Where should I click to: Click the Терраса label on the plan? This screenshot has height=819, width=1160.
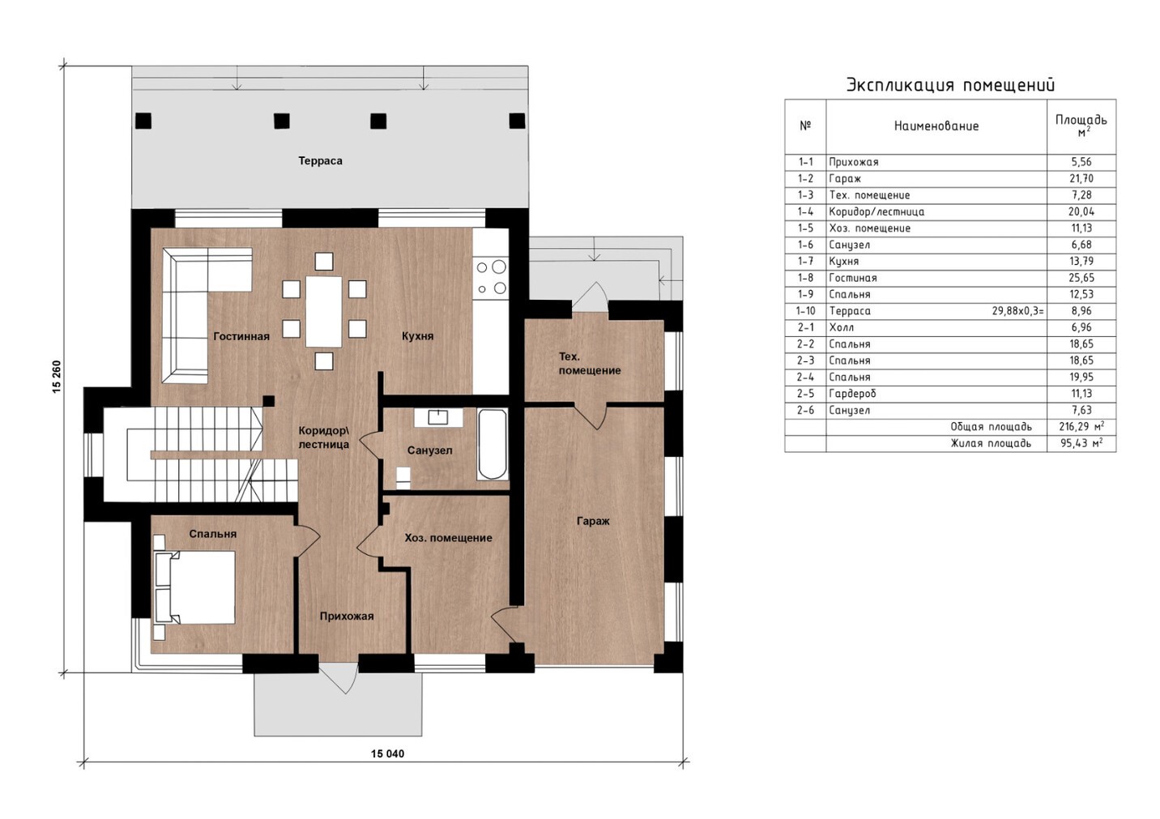(x=320, y=160)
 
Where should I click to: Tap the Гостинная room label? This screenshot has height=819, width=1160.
(x=241, y=336)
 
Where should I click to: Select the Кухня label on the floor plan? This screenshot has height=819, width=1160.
(x=417, y=336)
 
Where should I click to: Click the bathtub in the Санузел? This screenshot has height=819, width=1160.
(x=492, y=445)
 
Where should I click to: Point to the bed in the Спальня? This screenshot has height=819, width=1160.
(x=194, y=587)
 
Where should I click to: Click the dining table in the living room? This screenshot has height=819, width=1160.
(x=324, y=311)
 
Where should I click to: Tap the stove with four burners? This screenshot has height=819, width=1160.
(x=490, y=278)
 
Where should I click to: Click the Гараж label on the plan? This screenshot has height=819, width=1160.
(x=593, y=521)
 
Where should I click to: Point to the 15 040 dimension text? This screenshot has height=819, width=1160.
(x=387, y=753)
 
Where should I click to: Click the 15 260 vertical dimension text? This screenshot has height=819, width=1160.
(x=57, y=377)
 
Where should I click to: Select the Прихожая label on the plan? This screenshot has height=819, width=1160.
(x=347, y=616)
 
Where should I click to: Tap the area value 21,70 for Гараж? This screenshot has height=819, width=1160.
(x=1081, y=179)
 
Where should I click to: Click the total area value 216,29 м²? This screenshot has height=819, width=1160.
(x=1081, y=426)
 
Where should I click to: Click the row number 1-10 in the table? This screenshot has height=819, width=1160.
(x=806, y=311)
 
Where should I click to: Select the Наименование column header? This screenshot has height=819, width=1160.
(x=936, y=126)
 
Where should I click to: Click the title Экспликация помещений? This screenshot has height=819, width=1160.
(x=950, y=85)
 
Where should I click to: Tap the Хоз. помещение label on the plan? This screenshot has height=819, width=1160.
(x=449, y=538)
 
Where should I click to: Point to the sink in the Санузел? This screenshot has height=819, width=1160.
(x=438, y=417)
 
